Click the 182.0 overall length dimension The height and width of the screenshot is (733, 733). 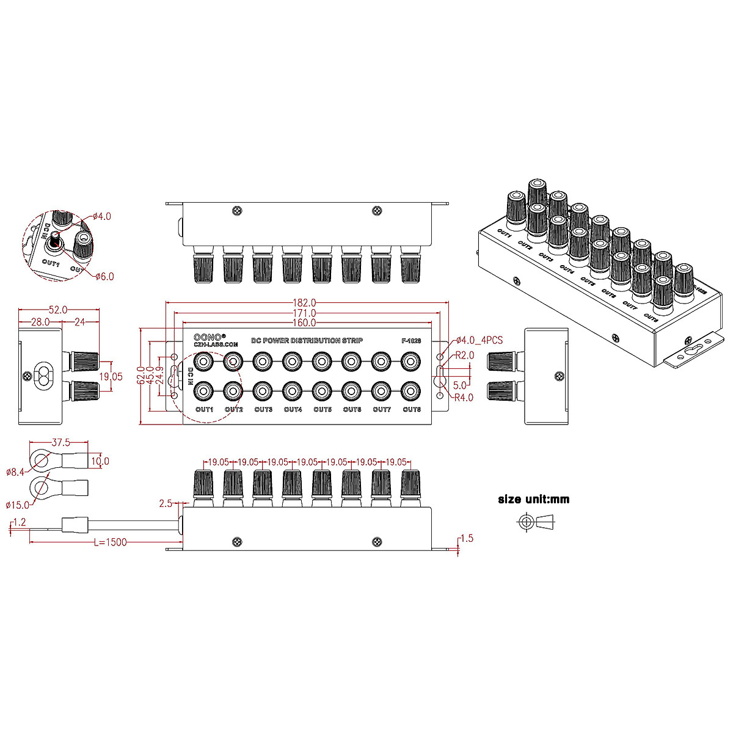(304, 302)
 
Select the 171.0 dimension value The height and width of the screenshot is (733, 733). (304, 313)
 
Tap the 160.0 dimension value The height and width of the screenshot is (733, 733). (304, 323)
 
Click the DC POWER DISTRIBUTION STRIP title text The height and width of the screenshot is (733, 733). (307, 340)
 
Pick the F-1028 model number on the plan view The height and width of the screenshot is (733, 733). (411, 341)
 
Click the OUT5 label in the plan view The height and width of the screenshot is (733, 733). (323, 409)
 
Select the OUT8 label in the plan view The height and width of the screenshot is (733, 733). (412, 409)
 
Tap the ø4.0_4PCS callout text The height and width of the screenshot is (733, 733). (480, 340)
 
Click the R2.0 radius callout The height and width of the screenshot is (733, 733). (464, 356)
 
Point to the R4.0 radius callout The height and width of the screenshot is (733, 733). (464, 398)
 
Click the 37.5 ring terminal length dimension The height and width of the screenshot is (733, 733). (60, 442)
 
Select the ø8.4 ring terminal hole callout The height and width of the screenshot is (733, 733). (15, 472)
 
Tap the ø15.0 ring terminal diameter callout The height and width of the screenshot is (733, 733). (18, 505)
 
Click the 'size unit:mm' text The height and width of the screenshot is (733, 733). (533, 499)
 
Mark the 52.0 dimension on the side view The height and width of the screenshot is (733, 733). (58, 310)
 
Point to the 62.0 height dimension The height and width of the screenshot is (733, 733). (142, 376)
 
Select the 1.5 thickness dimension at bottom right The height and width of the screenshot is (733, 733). (467, 538)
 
